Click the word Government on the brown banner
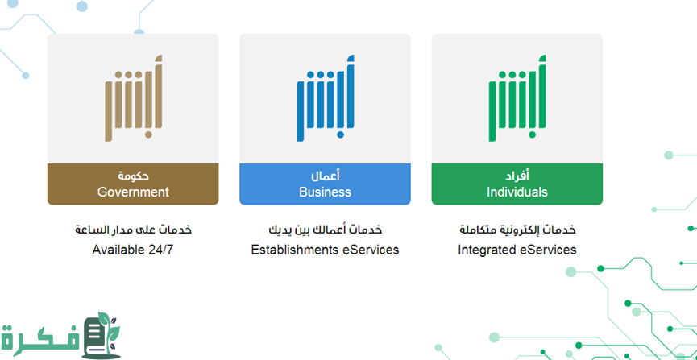click(x=133, y=192)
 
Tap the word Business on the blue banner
click(x=325, y=192)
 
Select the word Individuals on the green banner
click(x=517, y=192)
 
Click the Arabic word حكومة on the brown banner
click(x=133, y=176)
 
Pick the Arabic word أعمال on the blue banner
click(x=326, y=176)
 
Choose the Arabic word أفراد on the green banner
click(x=517, y=176)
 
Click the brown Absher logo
click(x=133, y=98)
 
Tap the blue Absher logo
click(x=326, y=98)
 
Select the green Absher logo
click(x=517, y=98)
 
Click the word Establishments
click(x=295, y=250)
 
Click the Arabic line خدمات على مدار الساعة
click(x=133, y=230)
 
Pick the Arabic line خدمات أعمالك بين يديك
click(x=326, y=230)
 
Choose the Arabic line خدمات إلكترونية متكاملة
click(x=517, y=230)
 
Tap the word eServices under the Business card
click(x=371, y=250)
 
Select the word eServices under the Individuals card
click(x=548, y=250)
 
